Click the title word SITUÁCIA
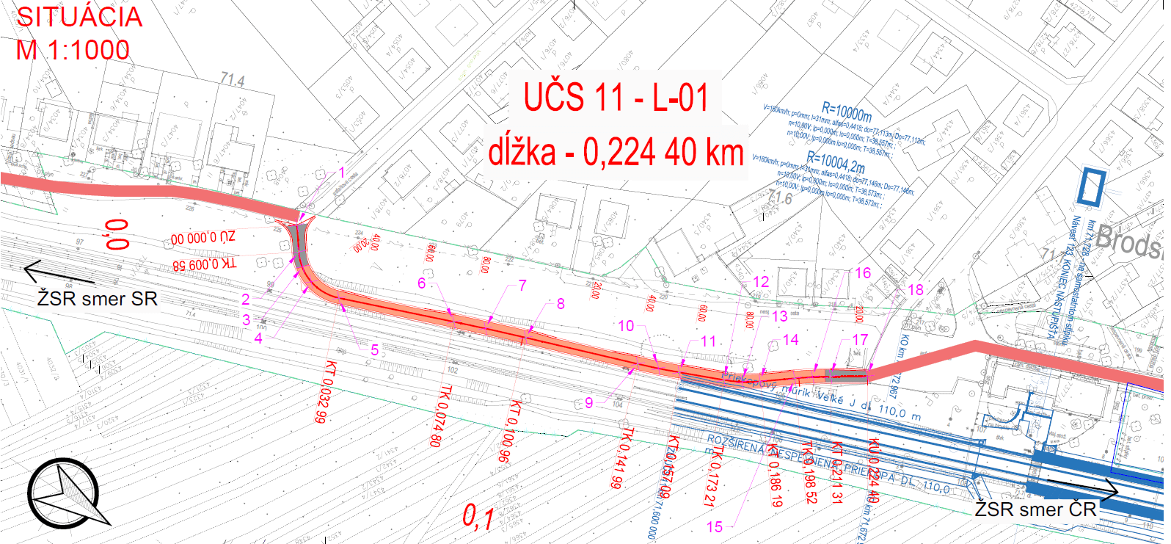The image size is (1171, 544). (79, 18)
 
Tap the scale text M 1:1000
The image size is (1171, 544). (73, 51)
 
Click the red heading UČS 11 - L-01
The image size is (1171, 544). (616, 98)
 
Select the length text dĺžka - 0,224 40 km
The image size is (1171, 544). (616, 153)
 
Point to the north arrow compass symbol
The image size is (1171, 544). (65, 493)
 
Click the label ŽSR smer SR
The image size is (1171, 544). (97, 299)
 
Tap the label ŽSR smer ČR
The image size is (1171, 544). (1035, 509)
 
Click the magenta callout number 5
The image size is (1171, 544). (374, 350)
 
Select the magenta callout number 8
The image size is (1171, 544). (561, 304)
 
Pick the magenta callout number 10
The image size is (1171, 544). (626, 325)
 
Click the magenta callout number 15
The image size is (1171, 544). (714, 526)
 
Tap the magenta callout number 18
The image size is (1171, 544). (915, 290)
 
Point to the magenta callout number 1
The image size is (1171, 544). (341, 173)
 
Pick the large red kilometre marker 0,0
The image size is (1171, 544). (117, 234)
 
